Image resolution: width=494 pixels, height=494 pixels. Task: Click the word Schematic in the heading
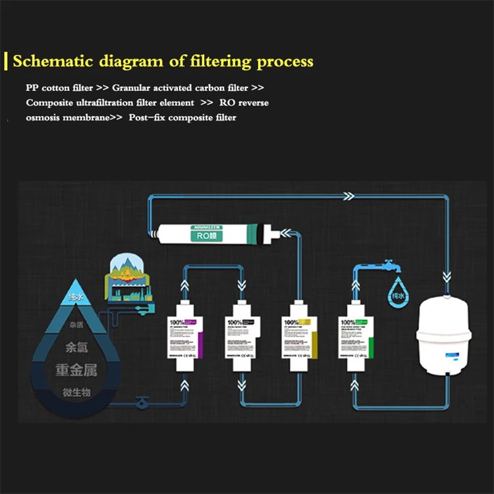tap(54, 62)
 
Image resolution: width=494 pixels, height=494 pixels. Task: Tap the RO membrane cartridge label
tap(200, 234)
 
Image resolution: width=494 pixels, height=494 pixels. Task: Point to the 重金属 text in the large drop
tap(76, 370)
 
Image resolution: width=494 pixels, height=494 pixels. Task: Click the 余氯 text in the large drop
tap(76, 346)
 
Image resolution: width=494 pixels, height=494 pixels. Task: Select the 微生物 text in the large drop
tap(76, 393)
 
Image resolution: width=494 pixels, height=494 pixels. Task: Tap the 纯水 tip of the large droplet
tap(76, 298)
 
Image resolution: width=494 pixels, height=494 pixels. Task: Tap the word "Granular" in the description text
tap(130, 88)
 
